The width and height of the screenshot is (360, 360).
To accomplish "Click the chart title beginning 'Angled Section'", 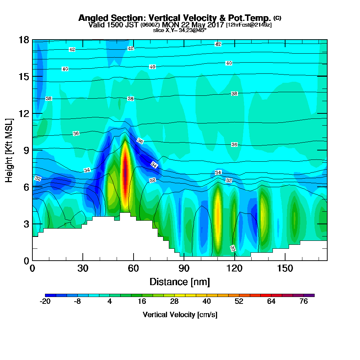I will (175, 18).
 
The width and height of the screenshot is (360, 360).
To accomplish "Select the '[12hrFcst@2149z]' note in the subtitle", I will (249, 25).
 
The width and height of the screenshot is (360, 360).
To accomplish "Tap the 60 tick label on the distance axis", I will (134, 269).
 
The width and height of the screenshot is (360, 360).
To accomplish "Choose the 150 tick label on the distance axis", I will (285, 269).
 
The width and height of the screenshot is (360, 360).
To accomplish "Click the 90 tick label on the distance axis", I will (184, 269).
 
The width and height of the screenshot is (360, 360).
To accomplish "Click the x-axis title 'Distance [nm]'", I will (180, 282).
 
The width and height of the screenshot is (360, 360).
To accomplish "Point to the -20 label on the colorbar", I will (45, 302).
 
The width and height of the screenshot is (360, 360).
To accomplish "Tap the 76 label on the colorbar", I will (303, 302).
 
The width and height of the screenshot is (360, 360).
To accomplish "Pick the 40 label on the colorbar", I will (207, 302).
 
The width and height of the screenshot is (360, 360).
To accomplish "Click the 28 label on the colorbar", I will (174, 302).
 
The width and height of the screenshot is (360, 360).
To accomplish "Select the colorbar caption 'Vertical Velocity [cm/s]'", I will (180, 315).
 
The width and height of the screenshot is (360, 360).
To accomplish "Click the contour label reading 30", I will (233, 248).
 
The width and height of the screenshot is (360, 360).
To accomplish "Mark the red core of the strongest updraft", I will (125, 173).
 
